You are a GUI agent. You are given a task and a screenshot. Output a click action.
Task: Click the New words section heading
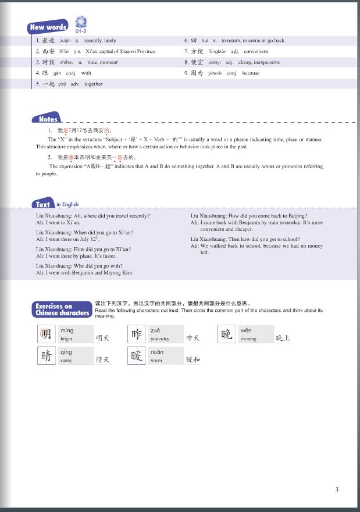49,27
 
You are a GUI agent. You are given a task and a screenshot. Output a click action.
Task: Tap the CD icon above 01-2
81,23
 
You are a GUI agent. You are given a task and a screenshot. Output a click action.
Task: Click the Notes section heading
48,119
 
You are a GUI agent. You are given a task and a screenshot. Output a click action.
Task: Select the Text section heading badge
43,204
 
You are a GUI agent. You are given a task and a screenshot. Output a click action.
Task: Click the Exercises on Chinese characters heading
62,310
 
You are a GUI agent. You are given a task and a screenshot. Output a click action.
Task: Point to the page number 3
337,489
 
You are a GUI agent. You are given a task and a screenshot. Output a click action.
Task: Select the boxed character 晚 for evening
227,334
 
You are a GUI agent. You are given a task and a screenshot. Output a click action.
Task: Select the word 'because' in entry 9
251,73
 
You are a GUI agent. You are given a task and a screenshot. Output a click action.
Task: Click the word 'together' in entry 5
93,84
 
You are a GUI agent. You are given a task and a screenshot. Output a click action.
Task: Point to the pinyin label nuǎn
157,352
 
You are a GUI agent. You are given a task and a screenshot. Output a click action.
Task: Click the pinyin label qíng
66,352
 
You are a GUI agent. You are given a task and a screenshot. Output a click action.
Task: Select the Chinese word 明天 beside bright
103,337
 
